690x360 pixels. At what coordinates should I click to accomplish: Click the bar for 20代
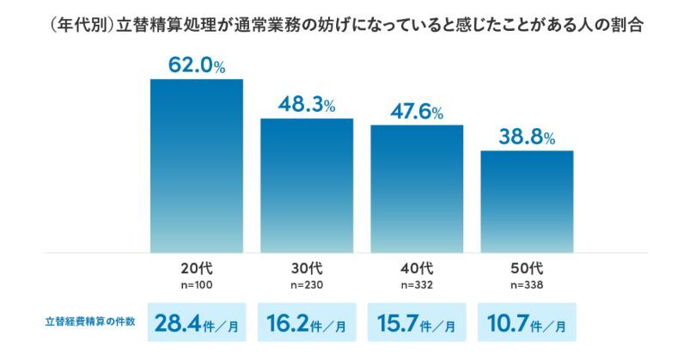tap(197, 166)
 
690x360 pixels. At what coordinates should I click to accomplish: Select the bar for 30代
tap(307, 186)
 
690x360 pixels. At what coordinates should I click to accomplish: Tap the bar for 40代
tap(417, 189)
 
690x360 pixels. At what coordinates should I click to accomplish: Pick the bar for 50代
tap(527, 202)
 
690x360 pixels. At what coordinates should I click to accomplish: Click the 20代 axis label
tap(197, 267)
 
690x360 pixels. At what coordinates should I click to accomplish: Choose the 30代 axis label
tap(307, 267)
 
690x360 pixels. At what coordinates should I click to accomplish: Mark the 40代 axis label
tap(417, 267)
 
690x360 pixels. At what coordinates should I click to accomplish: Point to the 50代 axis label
tap(527, 267)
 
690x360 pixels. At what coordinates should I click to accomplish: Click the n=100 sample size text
tap(197, 284)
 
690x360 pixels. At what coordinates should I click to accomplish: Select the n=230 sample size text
tap(307, 284)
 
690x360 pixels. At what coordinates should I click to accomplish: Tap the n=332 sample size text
tap(417, 284)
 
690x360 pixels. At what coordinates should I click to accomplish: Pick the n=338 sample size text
tap(527, 284)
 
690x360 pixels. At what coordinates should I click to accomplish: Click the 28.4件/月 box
tap(197, 324)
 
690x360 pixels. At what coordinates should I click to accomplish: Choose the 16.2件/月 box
tap(307, 324)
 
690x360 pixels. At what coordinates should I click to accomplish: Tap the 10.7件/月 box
tap(527, 324)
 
